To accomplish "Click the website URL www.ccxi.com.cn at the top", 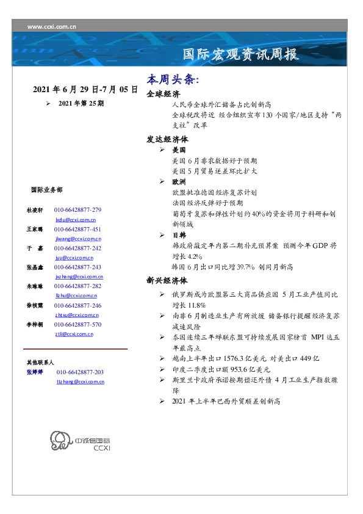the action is pos(52,27).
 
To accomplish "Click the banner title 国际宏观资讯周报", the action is pos(242,54).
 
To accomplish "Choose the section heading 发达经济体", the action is pos(167,139).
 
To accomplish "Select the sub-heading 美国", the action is pos(179,150).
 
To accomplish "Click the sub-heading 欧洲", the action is pos(179,182).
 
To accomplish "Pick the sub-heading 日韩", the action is pos(179,235).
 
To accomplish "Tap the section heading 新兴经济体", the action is pos(167,281).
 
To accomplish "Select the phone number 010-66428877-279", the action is pos(77,209).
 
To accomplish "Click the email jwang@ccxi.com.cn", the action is pos(78,239).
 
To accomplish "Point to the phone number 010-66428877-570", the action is pos(77,325).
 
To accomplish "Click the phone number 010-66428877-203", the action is pos(80,372).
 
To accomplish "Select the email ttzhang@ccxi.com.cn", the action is pos(80,382).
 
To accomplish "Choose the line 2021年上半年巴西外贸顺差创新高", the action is pos(226,401).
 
